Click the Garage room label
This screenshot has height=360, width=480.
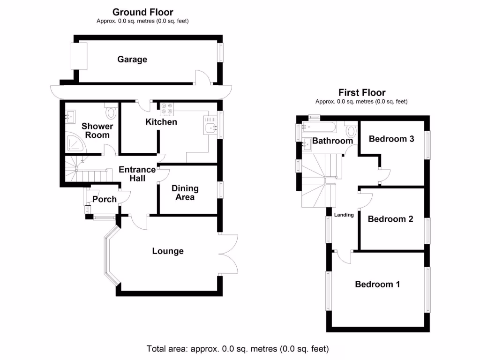[132, 60]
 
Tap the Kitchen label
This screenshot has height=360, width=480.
[161, 122]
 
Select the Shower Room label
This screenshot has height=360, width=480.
[97, 130]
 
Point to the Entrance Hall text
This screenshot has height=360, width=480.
[137, 174]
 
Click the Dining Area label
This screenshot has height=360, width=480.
[185, 193]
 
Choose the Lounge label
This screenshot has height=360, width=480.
[168, 251]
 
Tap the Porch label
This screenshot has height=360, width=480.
[104, 199]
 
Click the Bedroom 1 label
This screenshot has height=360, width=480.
[377, 284]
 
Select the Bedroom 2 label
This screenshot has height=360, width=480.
[390, 219]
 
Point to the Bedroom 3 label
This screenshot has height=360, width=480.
[391, 139]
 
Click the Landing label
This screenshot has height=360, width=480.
[344, 215]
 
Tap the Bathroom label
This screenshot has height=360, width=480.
[332, 141]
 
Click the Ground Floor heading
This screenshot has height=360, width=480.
[142, 13]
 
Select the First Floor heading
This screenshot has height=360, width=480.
[361, 93]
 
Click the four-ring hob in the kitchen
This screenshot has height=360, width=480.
[166, 109]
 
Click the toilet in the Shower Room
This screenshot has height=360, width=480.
[111, 112]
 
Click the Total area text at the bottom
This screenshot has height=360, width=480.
[238, 349]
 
